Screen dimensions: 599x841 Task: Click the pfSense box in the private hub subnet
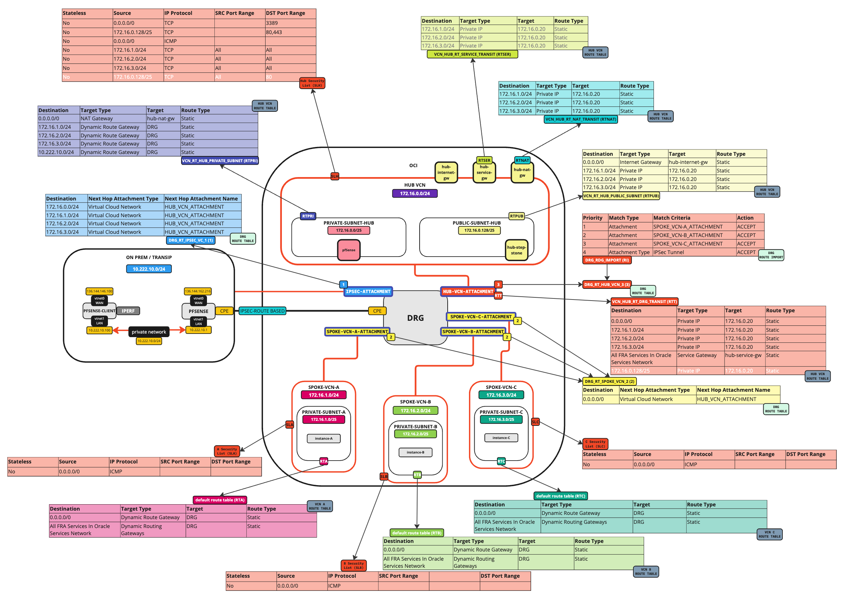(x=348, y=250)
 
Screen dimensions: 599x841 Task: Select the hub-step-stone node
(x=516, y=250)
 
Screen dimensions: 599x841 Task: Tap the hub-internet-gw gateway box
(x=446, y=172)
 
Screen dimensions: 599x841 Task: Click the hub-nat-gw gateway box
(x=522, y=172)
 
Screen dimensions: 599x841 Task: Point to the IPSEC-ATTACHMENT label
(x=367, y=291)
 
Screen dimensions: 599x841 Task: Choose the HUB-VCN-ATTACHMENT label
(x=468, y=291)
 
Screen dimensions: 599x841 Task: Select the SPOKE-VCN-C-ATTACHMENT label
(x=480, y=317)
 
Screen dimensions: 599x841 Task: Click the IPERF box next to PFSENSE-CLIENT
(x=128, y=311)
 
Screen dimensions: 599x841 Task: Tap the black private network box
(x=149, y=331)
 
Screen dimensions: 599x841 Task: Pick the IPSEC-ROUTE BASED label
(x=262, y=311)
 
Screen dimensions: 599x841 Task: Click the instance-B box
(x=415, y=452)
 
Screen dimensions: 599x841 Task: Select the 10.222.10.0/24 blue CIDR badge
(x=149, y=269)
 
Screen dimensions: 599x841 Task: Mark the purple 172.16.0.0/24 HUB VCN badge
(x=414, y=193)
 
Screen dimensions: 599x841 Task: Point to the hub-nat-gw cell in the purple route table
(x=163, y=119)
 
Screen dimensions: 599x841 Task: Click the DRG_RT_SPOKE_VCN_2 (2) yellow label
(x=609, y=381)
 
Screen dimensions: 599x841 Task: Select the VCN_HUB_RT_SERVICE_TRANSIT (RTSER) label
(x=472, y=54)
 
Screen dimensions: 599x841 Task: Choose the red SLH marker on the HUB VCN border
(x=334, y=176)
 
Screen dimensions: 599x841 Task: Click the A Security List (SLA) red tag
(x=226, y=451)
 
